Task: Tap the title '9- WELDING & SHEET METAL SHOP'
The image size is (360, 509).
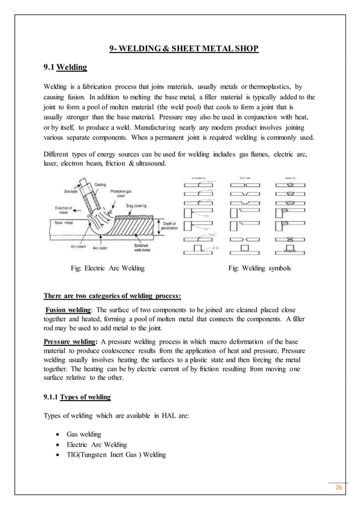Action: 184,49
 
